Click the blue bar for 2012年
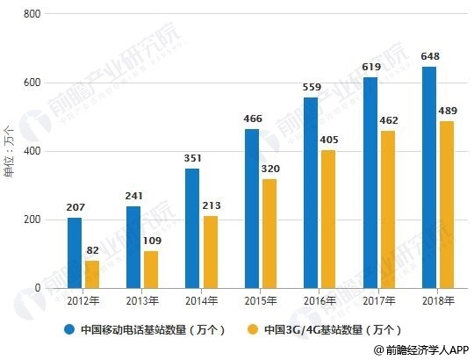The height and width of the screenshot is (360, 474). point(75,253)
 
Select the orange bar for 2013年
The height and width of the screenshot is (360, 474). point(151,270)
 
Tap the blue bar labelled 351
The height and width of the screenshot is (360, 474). point(193,228)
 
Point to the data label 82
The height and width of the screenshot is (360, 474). point(92,251)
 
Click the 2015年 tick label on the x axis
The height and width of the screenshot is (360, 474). point(261,301)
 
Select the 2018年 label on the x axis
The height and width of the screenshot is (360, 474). point(438,301)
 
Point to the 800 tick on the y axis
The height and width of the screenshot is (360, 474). point(33,15)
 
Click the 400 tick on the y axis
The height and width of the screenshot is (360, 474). point(33,151)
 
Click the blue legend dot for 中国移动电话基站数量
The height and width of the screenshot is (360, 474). point(68,330)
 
